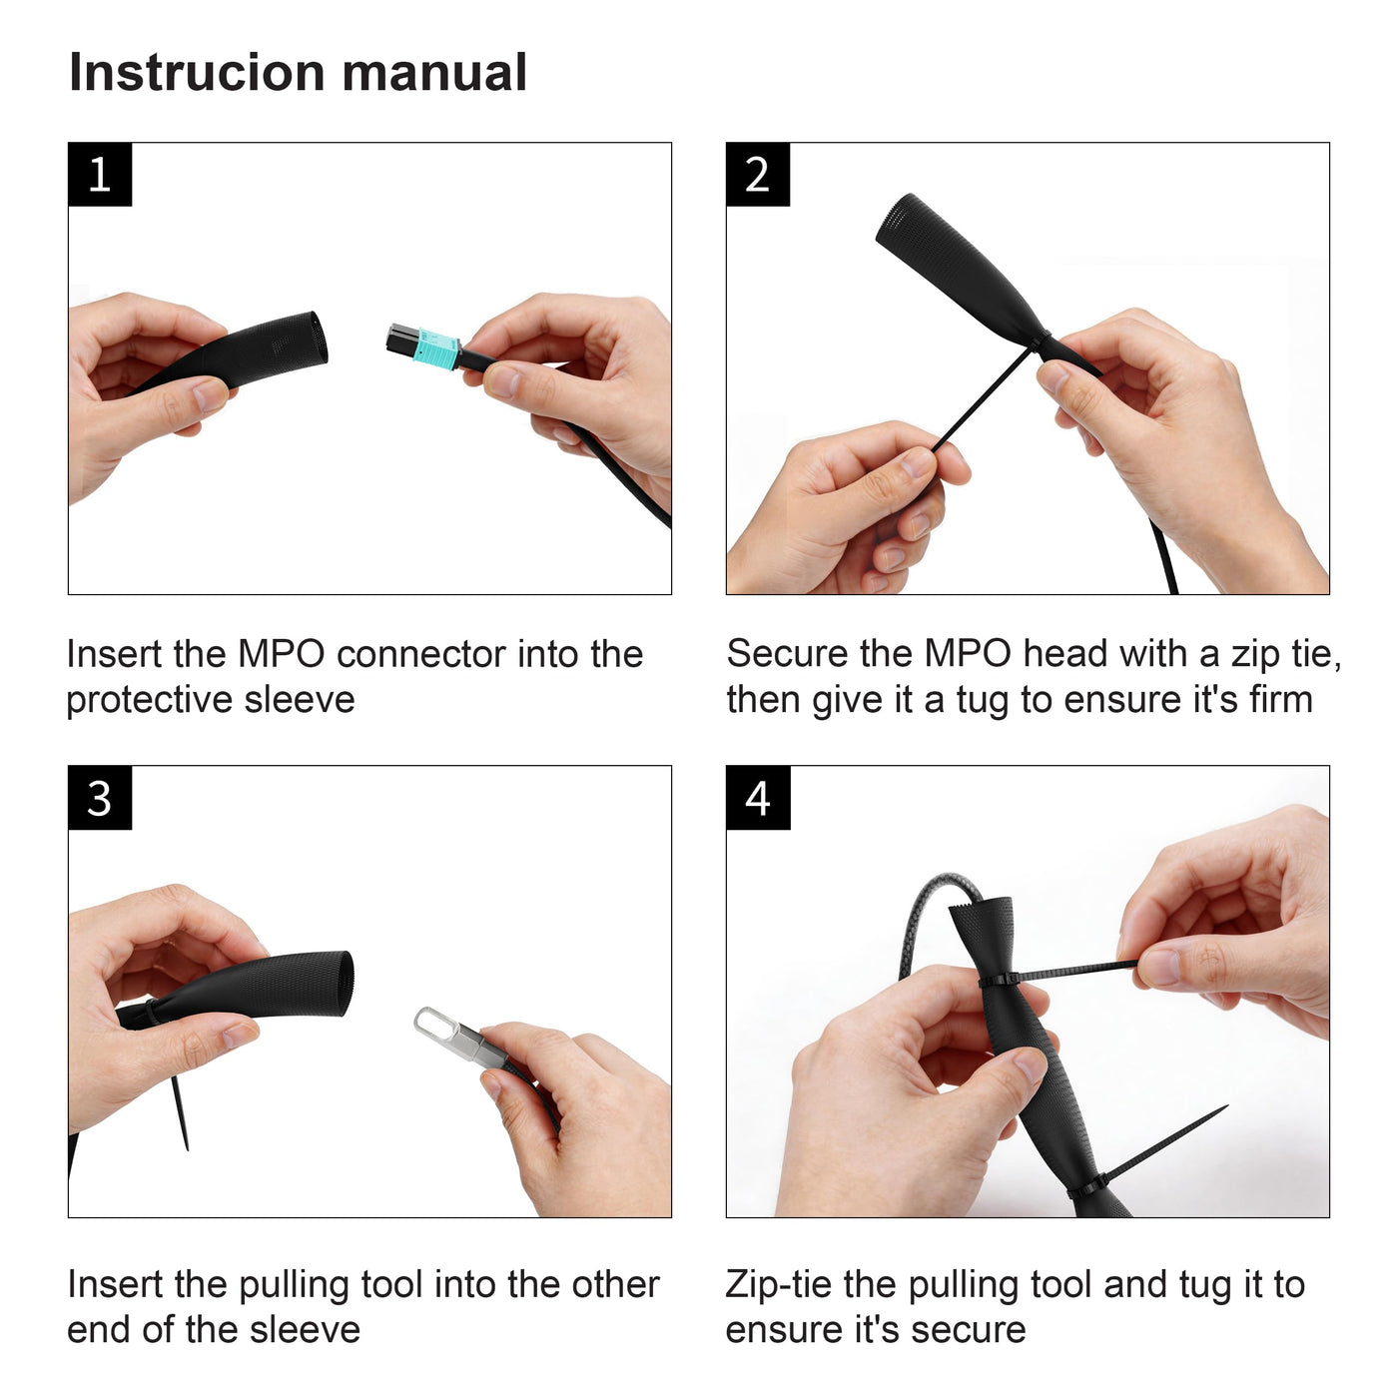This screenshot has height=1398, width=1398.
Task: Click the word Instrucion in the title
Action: tap(197, 73)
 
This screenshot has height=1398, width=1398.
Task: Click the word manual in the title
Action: tap(434, 73)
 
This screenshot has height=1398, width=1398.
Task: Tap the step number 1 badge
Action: tap(100, 174)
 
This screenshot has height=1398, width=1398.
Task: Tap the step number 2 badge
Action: tap(757, 174)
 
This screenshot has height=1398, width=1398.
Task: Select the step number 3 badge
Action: tap(100, 797)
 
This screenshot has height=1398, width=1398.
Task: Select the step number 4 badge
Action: tap(757, 797)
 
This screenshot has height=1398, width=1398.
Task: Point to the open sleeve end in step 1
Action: tap(316, 339)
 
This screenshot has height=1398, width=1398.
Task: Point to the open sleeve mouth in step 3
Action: tap(344, 983)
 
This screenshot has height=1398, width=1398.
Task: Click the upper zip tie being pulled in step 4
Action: tap(1059, 973)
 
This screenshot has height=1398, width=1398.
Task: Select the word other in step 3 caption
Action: tap(615, 1285)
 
